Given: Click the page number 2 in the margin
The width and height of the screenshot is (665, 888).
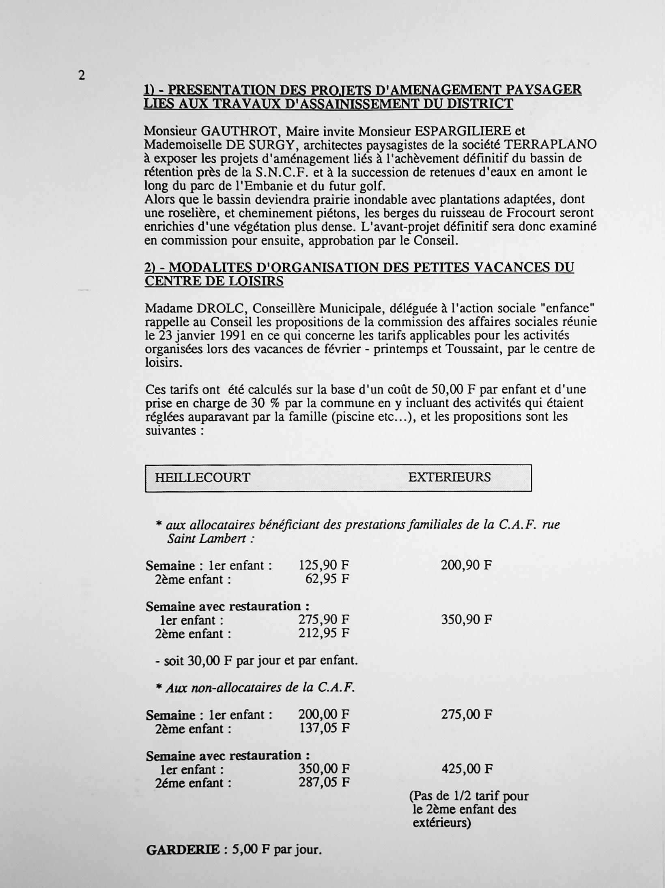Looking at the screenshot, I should (x=82, y=75).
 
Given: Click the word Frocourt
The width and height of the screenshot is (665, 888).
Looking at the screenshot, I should (x=544, y=213).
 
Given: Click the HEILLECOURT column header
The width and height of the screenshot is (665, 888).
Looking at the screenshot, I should (x=202, y=477).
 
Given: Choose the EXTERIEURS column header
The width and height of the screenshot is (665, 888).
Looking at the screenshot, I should (x=449, y=477).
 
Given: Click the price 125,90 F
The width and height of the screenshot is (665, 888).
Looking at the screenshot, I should (x=324, y=565).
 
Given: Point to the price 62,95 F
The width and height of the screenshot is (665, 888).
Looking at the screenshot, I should (x=327, y=579).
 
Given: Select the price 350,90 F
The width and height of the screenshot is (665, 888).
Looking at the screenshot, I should (x=466, y=620).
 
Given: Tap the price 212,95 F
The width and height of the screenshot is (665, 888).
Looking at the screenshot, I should (x=324, y=633).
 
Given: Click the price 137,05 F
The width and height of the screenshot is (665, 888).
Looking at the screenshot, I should (x=324, y=728).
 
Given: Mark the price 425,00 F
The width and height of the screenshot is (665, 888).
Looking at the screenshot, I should (x=466, y=769).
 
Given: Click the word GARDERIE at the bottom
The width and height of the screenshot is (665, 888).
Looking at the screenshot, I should (x=183, y=850).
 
